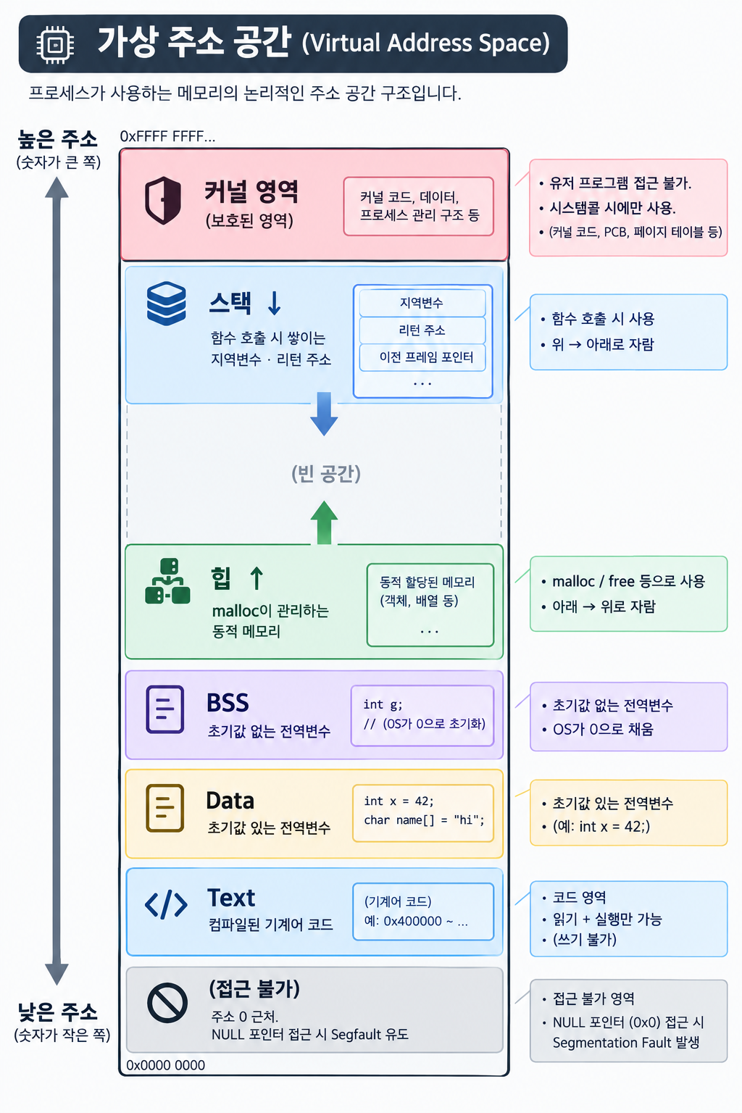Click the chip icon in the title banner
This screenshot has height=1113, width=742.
tap(55, 44)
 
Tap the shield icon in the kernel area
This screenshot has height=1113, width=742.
tap(163, 200)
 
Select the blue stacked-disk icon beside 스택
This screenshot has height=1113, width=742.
tap(167, 303)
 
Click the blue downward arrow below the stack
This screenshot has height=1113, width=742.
tap(324, 414)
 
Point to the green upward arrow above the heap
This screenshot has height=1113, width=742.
tap(324, 522)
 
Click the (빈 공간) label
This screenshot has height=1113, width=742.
tap(326, 473)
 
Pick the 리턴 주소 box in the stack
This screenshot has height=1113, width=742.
tap(422, 330)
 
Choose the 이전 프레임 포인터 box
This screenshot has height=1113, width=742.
tap(422, 358)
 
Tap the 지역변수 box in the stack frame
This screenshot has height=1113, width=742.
tap(422, 303)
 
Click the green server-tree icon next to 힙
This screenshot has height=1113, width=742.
tap(167, 581)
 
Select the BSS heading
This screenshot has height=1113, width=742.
tap(228, 703)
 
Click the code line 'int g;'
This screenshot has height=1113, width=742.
tap(383, 704)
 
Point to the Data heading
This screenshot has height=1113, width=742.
tap(230, 801)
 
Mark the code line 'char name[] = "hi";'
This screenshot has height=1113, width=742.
tap(424, 820)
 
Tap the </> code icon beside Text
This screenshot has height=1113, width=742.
tap(166, 904)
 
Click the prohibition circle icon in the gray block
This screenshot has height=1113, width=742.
tap(167, 1003)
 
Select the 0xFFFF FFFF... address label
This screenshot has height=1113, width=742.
tap(167, 136)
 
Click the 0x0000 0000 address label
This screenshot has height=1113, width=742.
tap(165, 1065)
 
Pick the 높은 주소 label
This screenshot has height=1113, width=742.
tap(58, 139)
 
